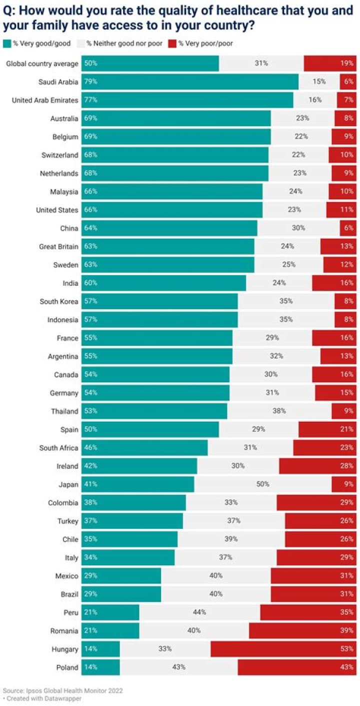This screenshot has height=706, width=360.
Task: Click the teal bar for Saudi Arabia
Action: (x=190, y=82)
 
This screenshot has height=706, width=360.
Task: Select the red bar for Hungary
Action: (x=283, y=649)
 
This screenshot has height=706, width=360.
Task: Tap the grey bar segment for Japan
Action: (x=262, y=484)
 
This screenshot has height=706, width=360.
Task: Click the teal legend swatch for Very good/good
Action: (x=7, y=44)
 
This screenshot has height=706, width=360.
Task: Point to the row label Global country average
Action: (x=42, y=64)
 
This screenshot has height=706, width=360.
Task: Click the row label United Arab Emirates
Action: (x=45, y=100)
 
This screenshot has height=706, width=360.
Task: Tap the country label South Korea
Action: (x=59, y=301)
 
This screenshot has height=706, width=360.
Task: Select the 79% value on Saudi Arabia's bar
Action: (x=90, y=82)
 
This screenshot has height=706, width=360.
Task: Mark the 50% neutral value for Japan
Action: (x=262, y=484)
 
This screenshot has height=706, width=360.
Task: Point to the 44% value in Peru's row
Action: (x=199, y=612)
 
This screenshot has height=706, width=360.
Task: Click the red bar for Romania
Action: (x=302, y=630)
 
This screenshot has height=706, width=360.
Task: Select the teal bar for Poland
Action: (x=100, y=667)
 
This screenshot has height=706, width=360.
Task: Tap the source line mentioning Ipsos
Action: (x=62, y=690)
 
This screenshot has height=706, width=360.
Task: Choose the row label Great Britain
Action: (x=58, y=246)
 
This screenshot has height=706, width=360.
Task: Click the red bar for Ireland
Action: (x=317, y=466)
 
